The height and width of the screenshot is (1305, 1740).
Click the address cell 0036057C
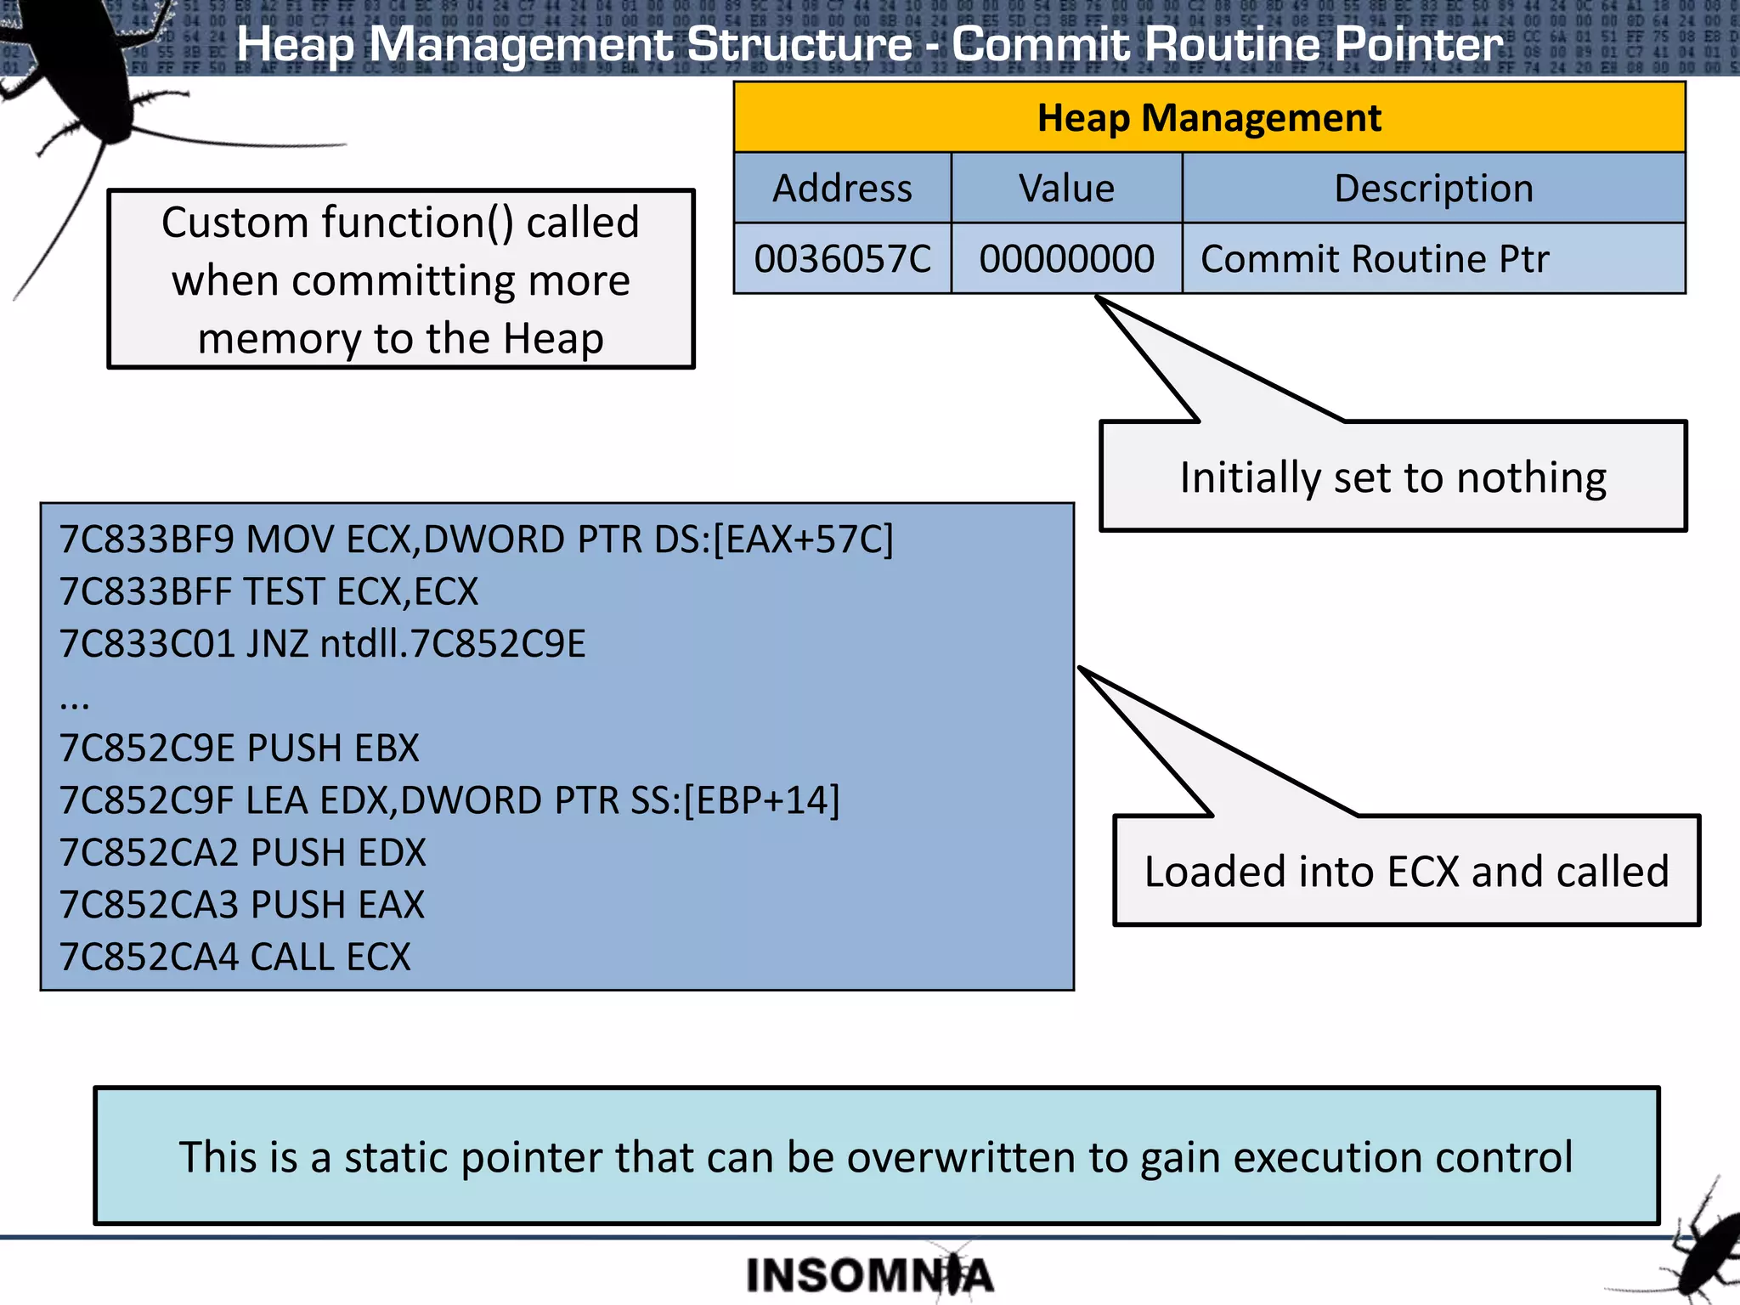click(842, 258)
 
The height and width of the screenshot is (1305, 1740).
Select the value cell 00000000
click(1066, 258)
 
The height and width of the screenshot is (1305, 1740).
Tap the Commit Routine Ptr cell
click(1375, 258)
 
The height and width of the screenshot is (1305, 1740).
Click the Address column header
click(842, 188)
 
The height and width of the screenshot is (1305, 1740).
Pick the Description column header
click(1433, 188)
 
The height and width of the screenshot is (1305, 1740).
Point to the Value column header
click(1066, 188)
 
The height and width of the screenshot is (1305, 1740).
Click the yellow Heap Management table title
click(1208, 117)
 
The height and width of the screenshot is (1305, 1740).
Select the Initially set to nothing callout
click(1393, 477)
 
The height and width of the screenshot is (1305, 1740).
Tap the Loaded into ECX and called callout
click(1406, 871)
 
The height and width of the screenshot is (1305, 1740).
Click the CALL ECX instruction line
click(235, 957)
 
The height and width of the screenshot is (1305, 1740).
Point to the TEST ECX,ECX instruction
click(268, 591)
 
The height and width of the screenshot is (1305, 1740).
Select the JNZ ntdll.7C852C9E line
click(322, 643)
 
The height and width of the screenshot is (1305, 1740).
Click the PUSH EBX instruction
click(239, 748)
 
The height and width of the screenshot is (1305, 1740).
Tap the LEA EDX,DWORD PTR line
click(449, 800)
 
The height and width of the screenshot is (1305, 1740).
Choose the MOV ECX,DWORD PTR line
click(476, 540)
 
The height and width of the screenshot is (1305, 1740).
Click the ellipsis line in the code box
click(75, 701)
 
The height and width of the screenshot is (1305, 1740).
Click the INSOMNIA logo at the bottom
click(868, 1274)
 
